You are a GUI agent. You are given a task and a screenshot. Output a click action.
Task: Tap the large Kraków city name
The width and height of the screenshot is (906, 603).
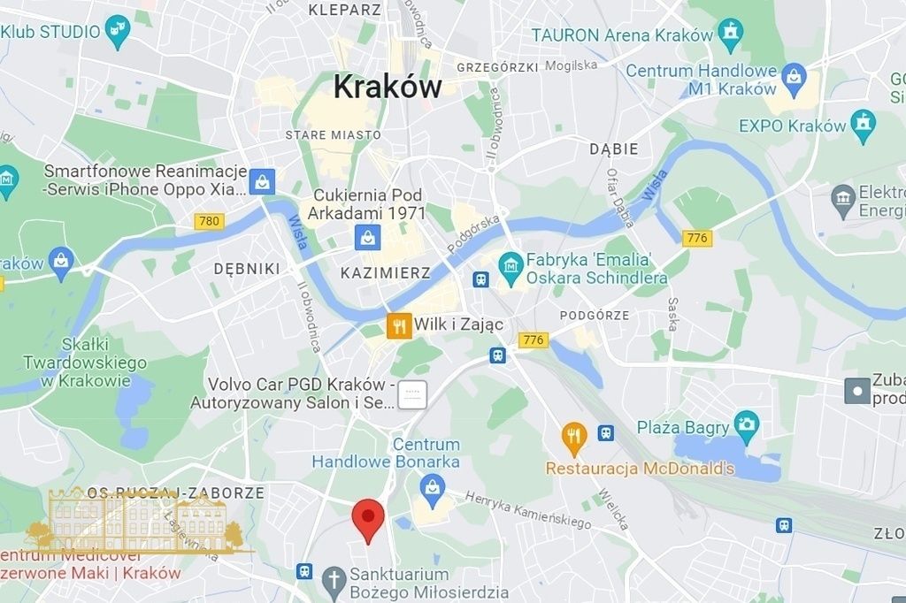pos(387,87)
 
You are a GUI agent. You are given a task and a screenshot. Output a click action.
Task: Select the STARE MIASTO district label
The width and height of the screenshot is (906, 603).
pos(333,135)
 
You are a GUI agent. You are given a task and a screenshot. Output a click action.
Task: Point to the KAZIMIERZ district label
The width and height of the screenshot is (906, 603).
pos(385,273)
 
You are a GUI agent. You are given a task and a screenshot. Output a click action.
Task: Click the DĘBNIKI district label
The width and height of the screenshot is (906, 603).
pos(247,269)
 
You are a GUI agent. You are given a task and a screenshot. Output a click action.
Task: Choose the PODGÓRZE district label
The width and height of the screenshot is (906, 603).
pos(595,316)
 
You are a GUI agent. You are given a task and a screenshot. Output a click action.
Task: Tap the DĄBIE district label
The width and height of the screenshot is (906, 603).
pos(614,149)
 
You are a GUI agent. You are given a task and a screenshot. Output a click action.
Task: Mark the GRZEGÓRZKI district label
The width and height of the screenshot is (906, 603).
pos(496,67)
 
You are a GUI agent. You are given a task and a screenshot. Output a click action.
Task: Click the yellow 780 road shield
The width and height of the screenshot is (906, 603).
pos(210,221)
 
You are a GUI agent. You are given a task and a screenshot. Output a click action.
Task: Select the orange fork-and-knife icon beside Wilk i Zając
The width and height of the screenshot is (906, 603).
pos(399,325)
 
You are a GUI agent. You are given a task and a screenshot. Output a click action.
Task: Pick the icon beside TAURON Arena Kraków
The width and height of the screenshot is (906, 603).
pos(731,34)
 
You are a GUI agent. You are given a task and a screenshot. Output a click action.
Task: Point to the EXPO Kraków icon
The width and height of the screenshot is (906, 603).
pos(862,123)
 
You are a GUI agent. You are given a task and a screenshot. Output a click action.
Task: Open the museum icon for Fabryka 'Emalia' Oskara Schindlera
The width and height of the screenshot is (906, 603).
pos(510,263)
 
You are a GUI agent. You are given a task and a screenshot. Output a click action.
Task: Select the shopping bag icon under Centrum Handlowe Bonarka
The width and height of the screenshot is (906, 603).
pos(433,486)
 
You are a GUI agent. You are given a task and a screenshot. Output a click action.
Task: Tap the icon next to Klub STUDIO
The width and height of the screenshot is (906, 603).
pos(117,32)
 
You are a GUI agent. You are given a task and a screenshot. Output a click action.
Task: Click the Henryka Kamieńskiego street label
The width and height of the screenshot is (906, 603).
pos(528,510)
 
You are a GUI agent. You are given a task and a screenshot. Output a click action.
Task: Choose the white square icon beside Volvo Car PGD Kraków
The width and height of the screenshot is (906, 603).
pos(412,394)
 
